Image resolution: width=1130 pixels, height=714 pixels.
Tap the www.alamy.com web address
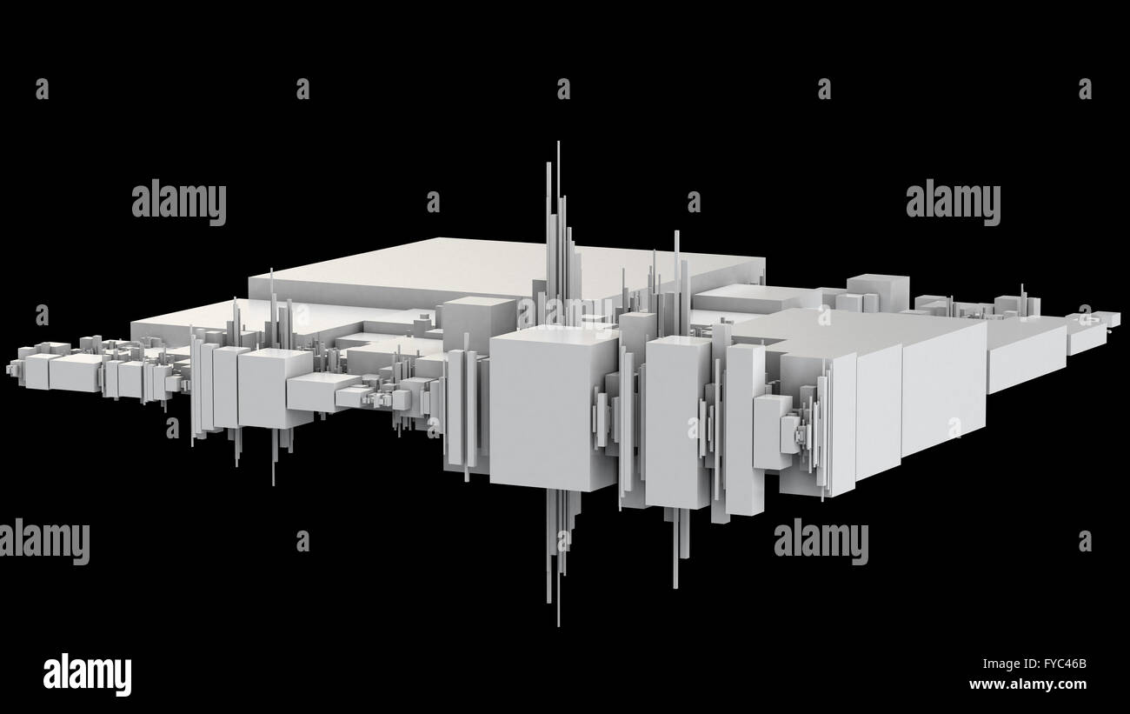[1028, 684]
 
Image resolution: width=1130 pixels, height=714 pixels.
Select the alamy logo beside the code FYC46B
[87, 675]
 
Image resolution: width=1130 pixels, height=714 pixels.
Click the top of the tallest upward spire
[558, 143]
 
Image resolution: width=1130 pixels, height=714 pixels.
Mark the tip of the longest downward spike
[558, 624]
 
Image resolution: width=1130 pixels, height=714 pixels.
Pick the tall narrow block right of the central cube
[677, 422]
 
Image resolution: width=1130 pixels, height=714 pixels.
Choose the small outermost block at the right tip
[1113, 320]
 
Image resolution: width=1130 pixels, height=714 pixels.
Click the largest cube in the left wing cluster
[275, 388]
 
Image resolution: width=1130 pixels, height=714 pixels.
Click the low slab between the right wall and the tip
[1026, 357]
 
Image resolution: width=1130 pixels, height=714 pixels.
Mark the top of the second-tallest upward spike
[676, 232]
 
